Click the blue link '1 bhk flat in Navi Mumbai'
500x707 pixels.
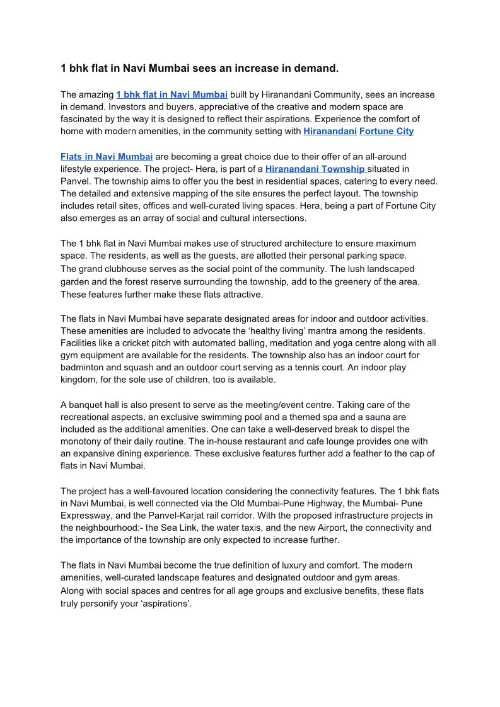[x=172, y=94]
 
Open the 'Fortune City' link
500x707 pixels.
[x=387, y=131]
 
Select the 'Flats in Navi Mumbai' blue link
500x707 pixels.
[x=107, y=156]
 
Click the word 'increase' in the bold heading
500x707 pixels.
[x=246, y=68]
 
